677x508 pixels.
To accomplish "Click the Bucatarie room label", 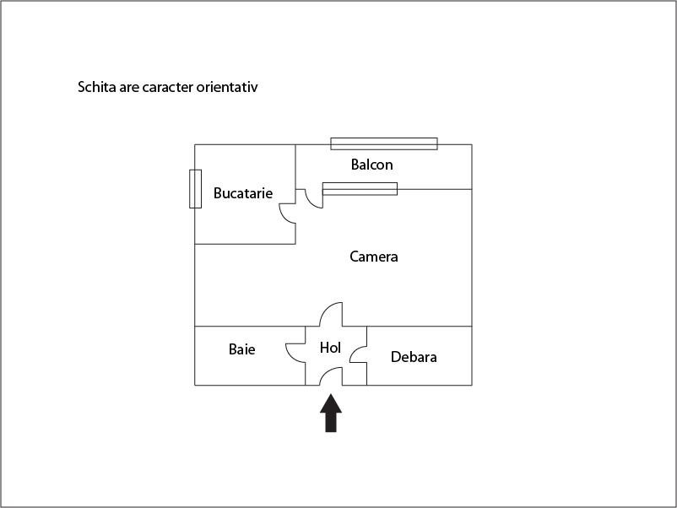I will tap(243, 193).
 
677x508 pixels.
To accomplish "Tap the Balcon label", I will tap(371, 165).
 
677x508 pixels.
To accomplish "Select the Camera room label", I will tap(374, 257).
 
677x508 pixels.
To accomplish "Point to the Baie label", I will tap(241, 349).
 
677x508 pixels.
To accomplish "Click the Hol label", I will tap(329, 347).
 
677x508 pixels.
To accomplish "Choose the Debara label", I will tap(414, 357).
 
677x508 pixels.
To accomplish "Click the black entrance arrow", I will tap(331, 413).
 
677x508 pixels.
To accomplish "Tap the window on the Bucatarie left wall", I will tap(195, 188).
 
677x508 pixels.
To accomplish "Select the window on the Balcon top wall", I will tap(384, 143).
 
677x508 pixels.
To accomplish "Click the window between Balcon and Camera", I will tap(360, 189).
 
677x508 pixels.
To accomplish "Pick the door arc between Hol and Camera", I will tap(331, 314).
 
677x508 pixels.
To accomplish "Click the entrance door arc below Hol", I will tap(331, 376).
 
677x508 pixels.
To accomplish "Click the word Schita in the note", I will tap(97, 87).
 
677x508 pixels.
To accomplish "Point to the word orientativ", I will tap(228, 87).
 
